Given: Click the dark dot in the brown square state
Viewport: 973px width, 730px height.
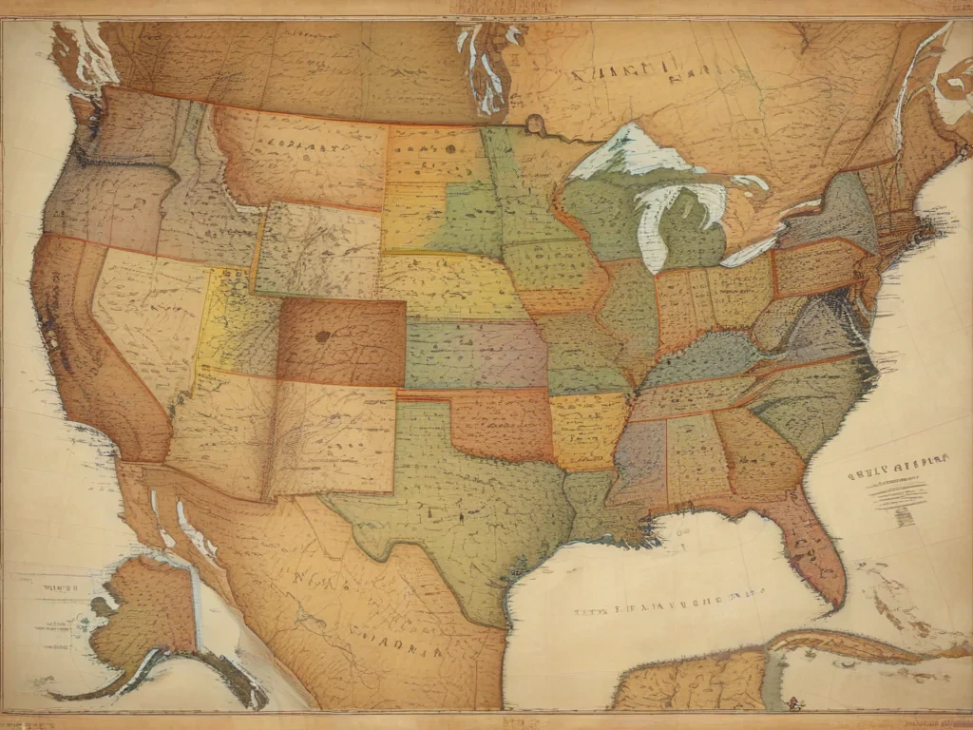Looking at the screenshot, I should [322, 336].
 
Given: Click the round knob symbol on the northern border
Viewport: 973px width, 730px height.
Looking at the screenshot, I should [534, 123].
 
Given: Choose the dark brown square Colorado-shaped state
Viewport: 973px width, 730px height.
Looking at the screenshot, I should [341, 342].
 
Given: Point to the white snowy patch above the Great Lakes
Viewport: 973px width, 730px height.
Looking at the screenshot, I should [632, 152].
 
